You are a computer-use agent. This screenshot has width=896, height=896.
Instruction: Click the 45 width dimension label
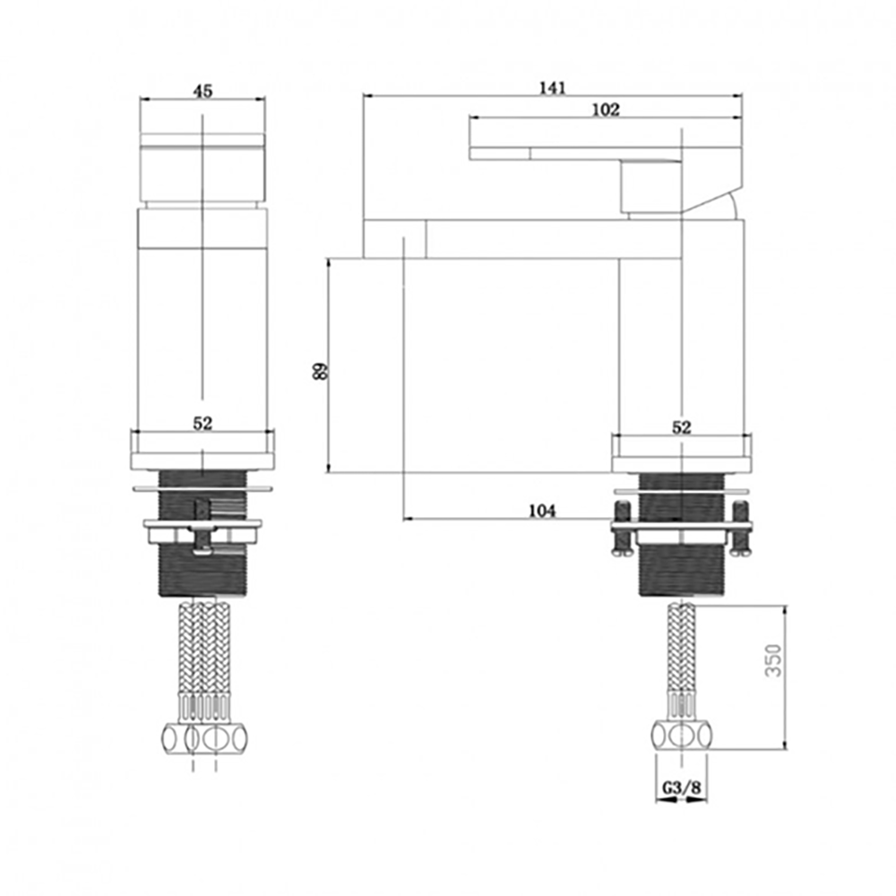tap(203, 90)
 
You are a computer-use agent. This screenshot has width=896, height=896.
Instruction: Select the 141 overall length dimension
tap(552, 87)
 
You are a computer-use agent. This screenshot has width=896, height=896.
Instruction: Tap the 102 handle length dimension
tap(607, 109)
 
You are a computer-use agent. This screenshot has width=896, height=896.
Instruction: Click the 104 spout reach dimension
tap(542, 511)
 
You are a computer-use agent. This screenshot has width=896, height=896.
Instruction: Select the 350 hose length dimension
tap(774, 660)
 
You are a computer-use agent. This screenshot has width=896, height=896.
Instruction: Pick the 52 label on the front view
tap(202, 425)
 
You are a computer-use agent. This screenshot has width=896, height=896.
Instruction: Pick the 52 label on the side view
tap(682, 428)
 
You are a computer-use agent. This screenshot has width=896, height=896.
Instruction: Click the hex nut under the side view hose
tap(681, 737)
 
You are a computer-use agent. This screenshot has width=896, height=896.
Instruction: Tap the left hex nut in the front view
tap(174, 739)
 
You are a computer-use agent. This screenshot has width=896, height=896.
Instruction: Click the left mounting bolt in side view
tap(622, 529)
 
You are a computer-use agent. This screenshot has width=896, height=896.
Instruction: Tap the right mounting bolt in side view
tap(740, 529)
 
